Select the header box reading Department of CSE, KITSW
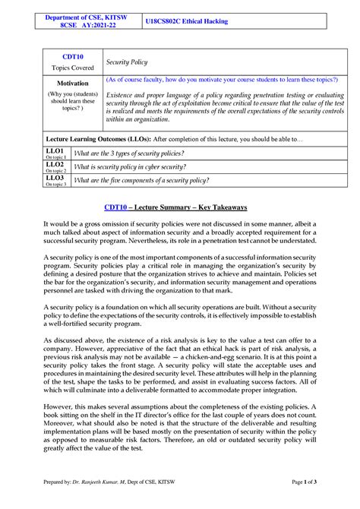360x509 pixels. pyautogui.click(x=84, y=20)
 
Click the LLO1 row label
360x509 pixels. pyautogui.click(x=54, y=152)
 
